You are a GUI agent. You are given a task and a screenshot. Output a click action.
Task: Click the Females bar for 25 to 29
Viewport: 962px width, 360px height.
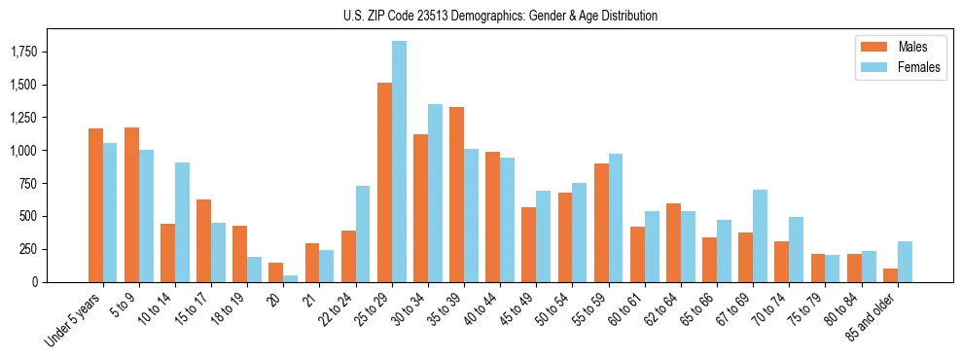click(x=399, y=162)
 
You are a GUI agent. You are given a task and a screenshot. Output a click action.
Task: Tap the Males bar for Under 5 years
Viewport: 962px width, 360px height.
click(x=95, y=205)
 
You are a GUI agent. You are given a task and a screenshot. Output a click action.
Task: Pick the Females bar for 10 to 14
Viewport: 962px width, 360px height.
click(x=182, y=222)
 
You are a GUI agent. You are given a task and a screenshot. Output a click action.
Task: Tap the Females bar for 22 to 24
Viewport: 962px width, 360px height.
click(x=363, y=234)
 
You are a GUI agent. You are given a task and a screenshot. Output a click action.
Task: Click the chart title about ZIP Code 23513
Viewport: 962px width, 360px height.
click(x=500, y=16)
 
